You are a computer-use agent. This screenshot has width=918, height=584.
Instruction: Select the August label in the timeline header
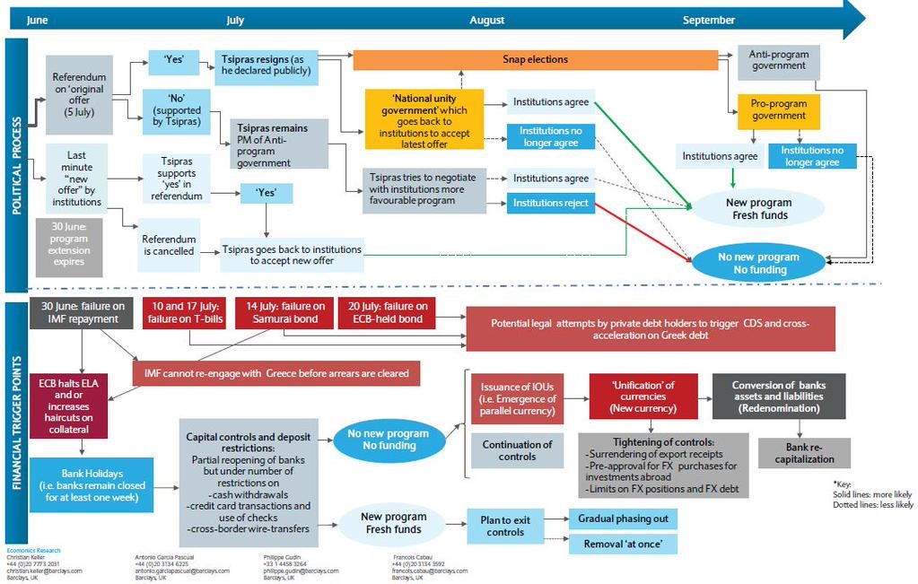click(486, 20)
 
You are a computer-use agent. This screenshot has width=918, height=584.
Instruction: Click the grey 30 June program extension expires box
click(68, 246)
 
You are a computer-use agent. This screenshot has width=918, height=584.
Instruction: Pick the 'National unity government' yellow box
click(424, 118)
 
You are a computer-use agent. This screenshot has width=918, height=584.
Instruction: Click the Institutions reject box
click(550, 204)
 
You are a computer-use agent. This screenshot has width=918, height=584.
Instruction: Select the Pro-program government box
click(777, 110)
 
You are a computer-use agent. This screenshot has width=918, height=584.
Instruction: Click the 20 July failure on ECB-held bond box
click(386, 312)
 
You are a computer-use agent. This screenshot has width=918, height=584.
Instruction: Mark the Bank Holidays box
click(91, 484)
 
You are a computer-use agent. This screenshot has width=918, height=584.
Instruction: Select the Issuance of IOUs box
click(517, 398)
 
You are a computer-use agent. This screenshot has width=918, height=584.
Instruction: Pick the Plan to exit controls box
click(505, 526)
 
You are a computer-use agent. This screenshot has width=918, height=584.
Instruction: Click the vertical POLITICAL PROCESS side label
click(16, 166)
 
